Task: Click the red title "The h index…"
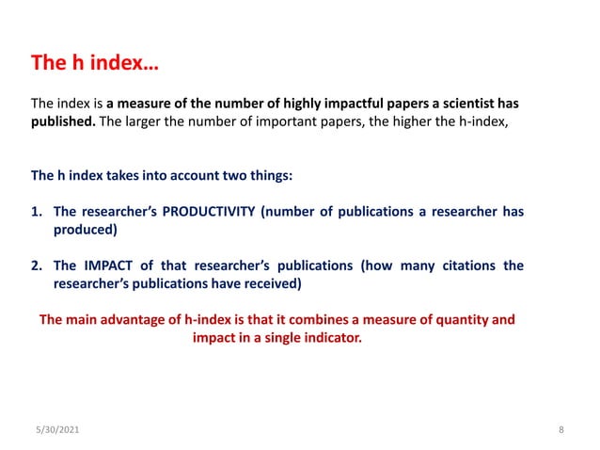click(95, 64)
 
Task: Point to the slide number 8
click(561, 430)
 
